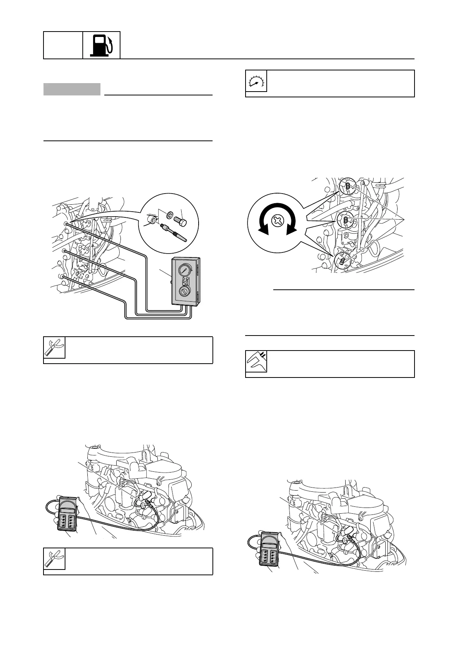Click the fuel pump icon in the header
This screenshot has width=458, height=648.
102,45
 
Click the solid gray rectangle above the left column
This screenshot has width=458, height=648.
72,89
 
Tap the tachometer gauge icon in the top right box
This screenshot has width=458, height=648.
256,81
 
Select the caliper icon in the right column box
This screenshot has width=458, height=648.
256,362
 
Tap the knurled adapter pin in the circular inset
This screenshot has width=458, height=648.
174,233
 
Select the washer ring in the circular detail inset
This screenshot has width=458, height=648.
170,214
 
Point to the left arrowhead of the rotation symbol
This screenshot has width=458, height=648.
263,229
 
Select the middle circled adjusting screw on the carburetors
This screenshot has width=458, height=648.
345,220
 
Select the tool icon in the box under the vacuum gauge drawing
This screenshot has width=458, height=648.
54,348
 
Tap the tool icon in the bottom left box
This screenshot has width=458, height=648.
54,559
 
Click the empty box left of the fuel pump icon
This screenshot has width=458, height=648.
63,45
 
